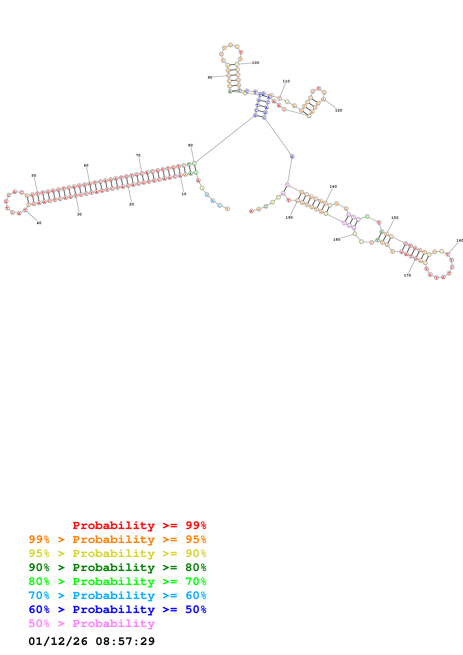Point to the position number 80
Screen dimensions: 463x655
(x=190, y=145)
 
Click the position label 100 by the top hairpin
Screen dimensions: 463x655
(x=255, y=63)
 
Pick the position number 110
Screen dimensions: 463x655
(x=286, y=81)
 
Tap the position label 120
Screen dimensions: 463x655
(x=338, y=110)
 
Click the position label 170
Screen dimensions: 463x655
(x=407, y=275)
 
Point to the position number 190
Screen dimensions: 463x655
(x=289, y=217)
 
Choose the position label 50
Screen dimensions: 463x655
(x=34, y=176)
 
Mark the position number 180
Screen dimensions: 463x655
(x=337, y=240)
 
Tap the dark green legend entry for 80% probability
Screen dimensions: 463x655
(x=117, y=568)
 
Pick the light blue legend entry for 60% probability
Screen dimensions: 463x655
(x=117, y=596)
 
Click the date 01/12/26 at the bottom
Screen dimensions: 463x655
(x=58, y=642)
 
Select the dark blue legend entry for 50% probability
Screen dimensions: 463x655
(x=117, y=610)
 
